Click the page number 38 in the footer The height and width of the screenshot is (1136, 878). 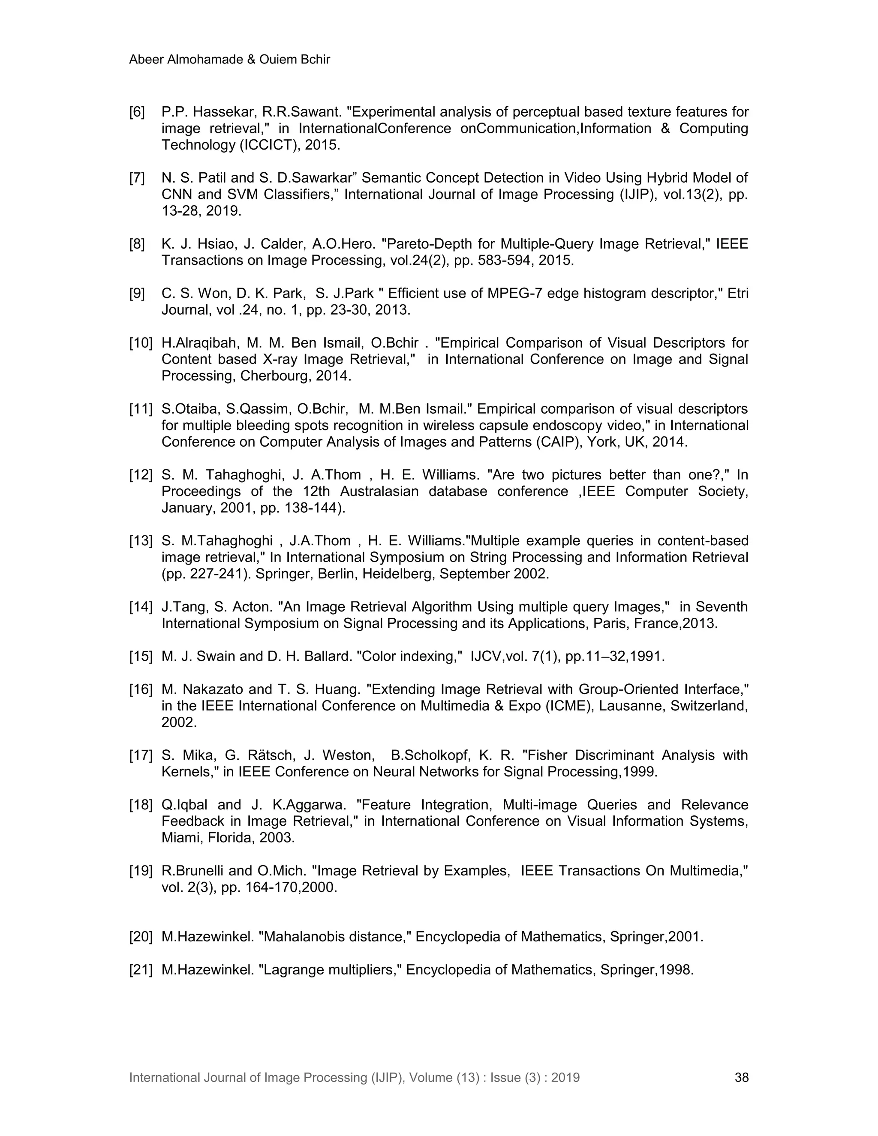pyautogui.click(x=741, y=1077)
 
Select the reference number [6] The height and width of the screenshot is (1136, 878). pyautogui.click(x=137, y=112)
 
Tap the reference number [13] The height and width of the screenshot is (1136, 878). pyautogui.click(x=141, y=541)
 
